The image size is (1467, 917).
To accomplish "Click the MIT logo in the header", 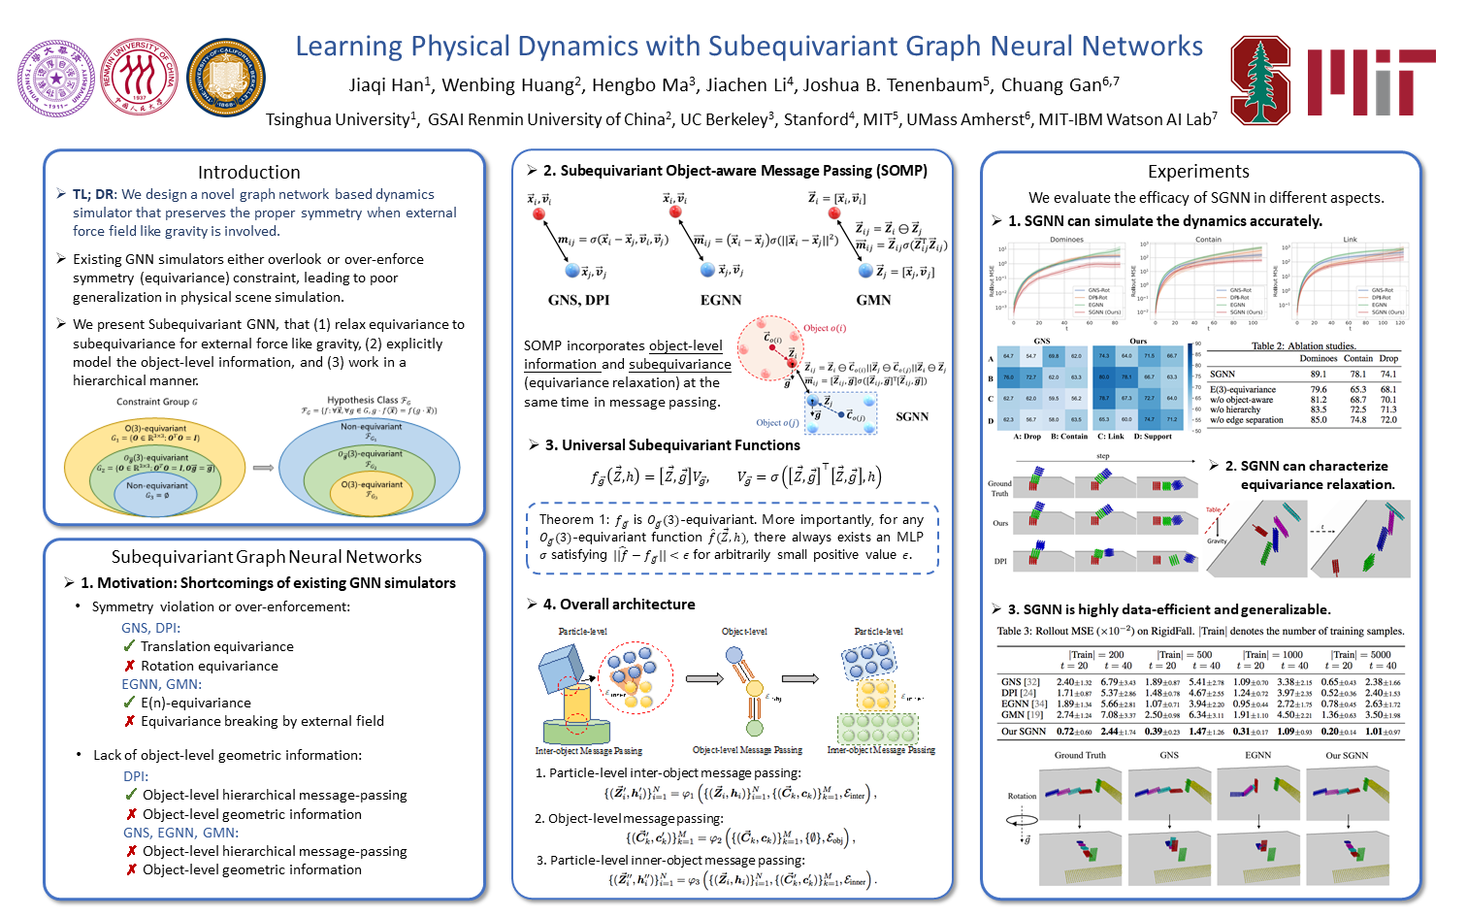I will click(x=1370, y=82).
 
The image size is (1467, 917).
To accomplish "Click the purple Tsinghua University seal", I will click(x=56, y=79).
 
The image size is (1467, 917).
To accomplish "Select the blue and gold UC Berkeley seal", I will click(x=225, y=79).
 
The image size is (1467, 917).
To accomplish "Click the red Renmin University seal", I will click(x=141, y=79).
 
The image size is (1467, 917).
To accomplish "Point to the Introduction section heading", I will click(x=249, y=172).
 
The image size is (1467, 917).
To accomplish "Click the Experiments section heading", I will click(x=1198, y=171).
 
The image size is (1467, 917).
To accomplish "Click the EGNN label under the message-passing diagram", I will click(x=721, y=300).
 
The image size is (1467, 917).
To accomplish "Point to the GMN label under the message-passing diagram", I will click(x=873, y=300).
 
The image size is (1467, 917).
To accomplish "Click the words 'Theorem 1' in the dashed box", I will click(x=572, y=519).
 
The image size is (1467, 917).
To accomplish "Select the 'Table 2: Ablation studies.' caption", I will click(x=1303, y=345).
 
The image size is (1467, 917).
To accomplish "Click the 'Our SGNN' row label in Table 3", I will click(x=1024, y=732).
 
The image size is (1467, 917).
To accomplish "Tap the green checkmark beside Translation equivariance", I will click(x=129, y=646).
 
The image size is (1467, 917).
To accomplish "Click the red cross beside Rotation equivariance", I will click(x=129, y=666).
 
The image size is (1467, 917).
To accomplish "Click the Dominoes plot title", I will click(x=1066, y=239).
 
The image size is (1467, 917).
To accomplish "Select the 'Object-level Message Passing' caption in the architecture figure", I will click(x=747, y=750).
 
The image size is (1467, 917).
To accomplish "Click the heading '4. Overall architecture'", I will click(x=618, y=604).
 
